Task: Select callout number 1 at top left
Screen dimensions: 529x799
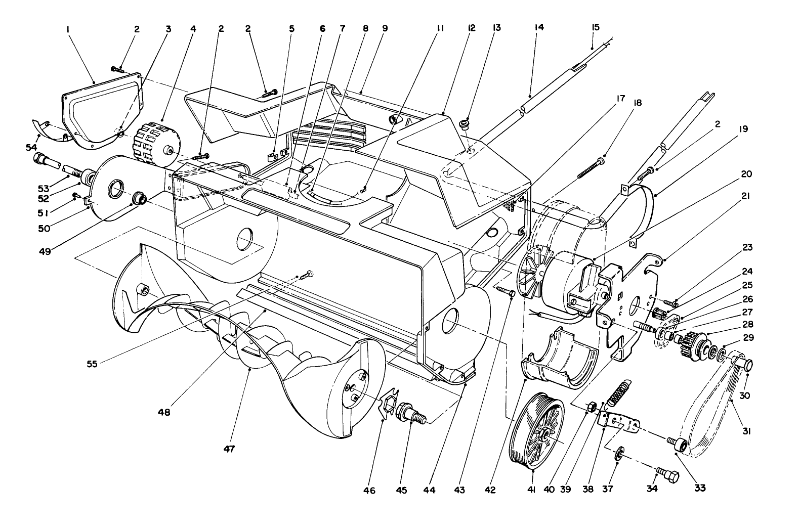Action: coord(67,30)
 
